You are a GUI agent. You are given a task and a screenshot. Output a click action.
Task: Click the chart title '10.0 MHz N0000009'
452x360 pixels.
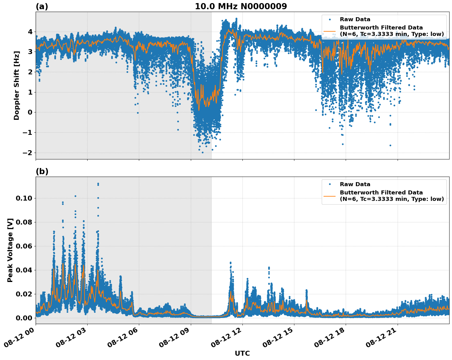click(241, 6)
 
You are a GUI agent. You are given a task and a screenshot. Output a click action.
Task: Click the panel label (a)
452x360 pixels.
click(42, 6)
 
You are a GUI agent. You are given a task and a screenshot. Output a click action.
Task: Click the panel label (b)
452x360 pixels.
click(42, 171)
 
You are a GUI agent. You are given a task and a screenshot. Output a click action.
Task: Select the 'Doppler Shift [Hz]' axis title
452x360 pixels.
click(17, 85)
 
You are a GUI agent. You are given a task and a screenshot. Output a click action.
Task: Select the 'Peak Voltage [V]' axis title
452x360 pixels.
click(10, 250)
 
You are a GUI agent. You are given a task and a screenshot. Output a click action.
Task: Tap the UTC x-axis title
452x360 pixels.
click(242, 353)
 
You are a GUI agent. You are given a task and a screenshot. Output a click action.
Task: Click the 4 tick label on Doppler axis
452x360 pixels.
click(30, 32)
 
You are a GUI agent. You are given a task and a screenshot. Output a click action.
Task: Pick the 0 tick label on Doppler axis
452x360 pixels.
click(30, 112)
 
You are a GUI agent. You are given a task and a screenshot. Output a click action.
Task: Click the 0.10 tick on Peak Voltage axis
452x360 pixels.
click(24, 198)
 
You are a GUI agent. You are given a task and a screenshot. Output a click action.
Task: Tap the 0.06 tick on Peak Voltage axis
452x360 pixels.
click(24, 246)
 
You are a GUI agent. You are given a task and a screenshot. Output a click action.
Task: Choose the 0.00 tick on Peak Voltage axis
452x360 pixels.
click(24, 318)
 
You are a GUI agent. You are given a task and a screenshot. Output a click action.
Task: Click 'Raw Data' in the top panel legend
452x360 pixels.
click(355, 20)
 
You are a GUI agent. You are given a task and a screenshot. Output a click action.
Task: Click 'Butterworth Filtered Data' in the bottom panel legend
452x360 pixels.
click(381, 193)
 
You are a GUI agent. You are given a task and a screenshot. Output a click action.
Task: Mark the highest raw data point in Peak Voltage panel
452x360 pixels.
click(98, 184)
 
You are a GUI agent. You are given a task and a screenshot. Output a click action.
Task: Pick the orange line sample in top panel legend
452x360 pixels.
click(329, 31)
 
